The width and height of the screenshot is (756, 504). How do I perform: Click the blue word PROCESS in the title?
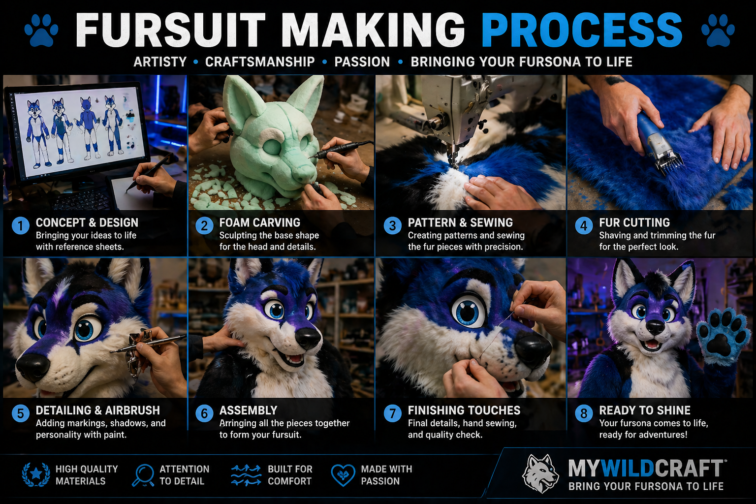582,30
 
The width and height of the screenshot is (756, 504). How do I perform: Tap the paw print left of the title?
41,30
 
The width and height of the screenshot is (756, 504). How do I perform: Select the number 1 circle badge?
21,226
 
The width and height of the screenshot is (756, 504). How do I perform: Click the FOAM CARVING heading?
259,222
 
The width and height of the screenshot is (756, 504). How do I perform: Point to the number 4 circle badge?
584,226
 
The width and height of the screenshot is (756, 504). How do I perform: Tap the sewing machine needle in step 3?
453,153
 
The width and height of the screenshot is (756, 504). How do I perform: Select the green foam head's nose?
304,173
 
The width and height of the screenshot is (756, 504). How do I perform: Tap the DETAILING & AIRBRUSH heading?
97,410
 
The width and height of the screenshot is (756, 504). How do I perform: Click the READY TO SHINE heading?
644,410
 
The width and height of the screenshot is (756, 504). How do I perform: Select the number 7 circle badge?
393,413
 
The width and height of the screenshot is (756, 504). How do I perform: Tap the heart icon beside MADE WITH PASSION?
343,475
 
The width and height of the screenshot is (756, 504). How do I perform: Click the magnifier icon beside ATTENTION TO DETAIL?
144,475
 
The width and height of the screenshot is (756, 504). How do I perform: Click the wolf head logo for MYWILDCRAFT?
540,473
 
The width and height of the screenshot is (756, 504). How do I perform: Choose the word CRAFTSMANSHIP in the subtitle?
259,62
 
